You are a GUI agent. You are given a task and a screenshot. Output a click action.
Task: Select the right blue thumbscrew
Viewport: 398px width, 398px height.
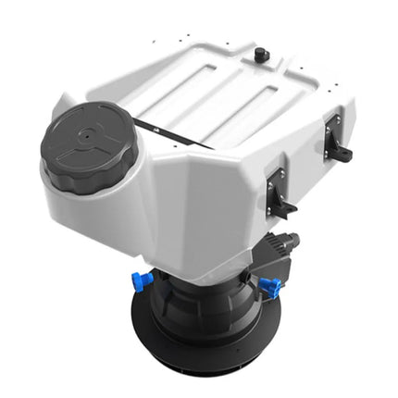tap(270, 287)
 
